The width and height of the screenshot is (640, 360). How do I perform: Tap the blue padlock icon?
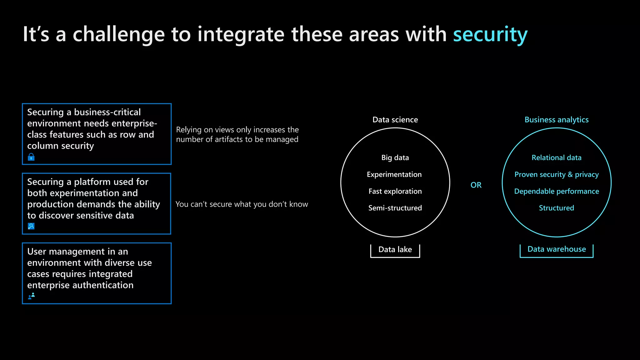(31, 157)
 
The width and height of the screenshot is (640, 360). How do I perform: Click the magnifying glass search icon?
(31, 226)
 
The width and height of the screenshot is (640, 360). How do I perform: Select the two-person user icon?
(32, 296)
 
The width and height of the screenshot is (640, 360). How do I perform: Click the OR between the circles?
(476, 185)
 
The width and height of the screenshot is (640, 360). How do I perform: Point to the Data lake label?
(395, 249)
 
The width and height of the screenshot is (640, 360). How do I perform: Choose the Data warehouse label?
(557, 249)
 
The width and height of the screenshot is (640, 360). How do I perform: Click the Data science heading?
(395, 120)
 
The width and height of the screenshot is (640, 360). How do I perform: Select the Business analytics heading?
(556, 120)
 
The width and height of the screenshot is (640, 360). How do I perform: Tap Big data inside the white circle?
(395, 157)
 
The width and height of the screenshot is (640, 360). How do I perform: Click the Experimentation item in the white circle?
(394, 174)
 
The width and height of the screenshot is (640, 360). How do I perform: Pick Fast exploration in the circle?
(395, 191)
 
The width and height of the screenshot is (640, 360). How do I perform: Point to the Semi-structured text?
(395, 208)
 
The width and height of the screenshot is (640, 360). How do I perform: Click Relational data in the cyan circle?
(556, 157)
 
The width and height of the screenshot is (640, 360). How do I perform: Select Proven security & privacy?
(556, 174)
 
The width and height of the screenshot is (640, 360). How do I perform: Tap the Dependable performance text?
(556, 191)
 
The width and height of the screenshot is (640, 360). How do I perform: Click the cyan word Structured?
(556, 208)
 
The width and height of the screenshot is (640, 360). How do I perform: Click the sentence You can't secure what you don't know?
(242, 204)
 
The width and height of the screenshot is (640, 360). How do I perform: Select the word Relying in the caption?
(188, 130)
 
